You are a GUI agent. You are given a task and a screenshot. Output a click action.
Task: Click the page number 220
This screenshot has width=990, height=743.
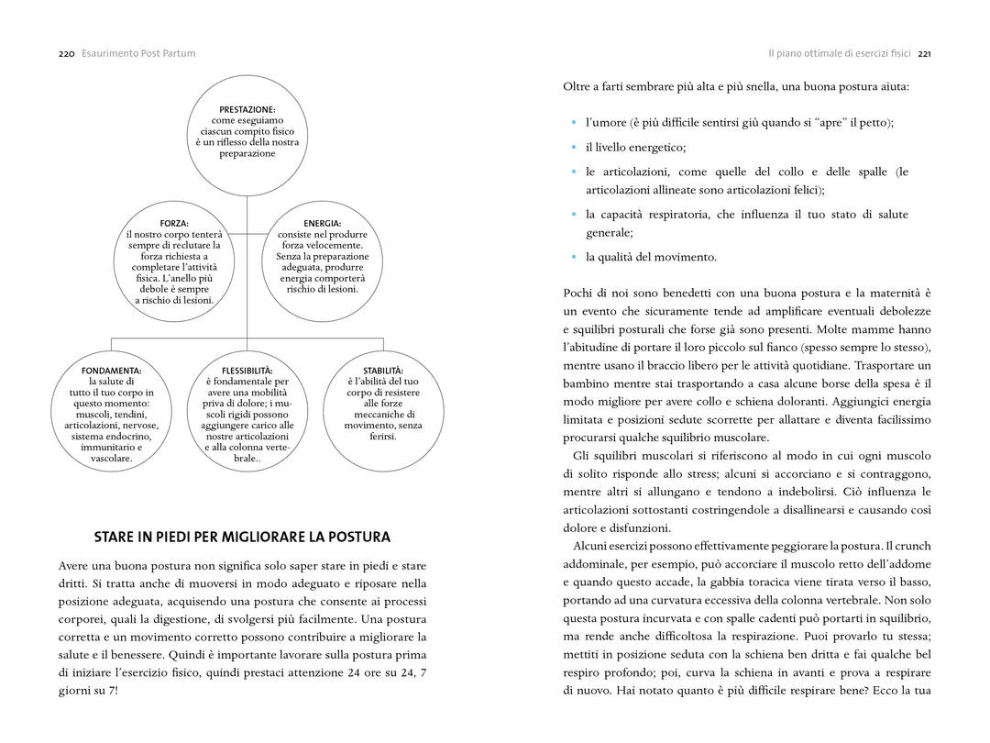tap(66, 53)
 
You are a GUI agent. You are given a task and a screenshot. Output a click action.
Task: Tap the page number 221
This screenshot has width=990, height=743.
tap(924, 53)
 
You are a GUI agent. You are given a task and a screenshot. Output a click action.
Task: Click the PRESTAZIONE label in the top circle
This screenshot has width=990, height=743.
tap(247, 110)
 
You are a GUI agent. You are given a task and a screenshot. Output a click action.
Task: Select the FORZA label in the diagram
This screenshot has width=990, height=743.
tap(174, 223)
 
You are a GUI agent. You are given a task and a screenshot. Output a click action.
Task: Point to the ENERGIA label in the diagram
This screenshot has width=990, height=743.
tap(322, 223)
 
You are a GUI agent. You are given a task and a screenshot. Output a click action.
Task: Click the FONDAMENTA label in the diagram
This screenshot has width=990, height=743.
tap(111, 371)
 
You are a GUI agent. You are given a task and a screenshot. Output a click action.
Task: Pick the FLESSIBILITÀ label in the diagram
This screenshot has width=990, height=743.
tap(247, 371)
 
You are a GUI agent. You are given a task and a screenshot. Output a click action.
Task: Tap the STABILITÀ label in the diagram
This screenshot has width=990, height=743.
tap(382, 371)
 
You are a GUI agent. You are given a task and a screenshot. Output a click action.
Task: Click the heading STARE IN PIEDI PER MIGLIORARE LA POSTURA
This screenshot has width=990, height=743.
tap(242, 537)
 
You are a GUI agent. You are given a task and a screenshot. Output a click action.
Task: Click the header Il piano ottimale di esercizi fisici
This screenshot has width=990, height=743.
tap(840, 53)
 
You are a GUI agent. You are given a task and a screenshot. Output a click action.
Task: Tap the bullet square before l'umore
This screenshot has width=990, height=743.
tap(573, 122)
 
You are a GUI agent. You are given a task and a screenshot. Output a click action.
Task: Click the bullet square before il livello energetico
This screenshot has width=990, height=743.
tap(573, 147)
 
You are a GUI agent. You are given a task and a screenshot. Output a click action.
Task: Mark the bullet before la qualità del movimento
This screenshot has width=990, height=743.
tap(573, 257)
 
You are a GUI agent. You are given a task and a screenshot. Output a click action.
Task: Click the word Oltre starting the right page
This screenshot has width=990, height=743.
tap(578, 86)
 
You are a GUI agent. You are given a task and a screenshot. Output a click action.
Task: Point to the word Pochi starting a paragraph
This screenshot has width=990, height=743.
tap(579, 293)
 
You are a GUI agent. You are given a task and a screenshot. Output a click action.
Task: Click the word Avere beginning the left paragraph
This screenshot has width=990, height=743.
tap(76, 566)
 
